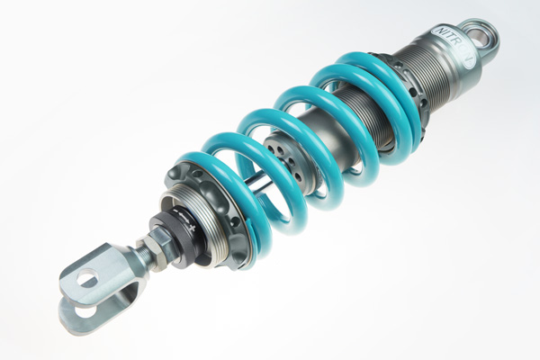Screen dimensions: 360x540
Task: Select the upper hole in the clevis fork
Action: click(x=87, y=280)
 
